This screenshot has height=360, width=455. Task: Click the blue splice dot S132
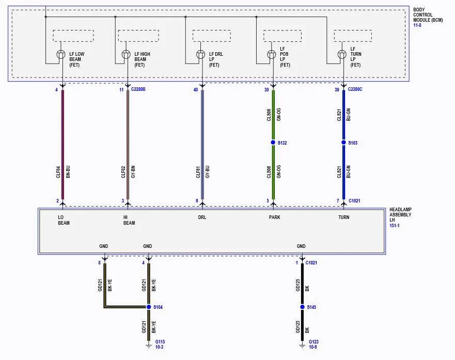tap(273, 143)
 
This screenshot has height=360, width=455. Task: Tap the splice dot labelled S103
tap(343, 143)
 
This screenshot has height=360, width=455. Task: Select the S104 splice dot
tap(149, 307)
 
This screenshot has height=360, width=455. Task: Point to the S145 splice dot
tap(302, 307)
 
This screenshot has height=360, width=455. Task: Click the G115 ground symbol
tap(149, 346)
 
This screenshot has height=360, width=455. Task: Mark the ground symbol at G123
tap(302, 346)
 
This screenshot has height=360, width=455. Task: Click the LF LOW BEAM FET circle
tap(60, 54)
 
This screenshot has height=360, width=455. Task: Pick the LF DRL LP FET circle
tap(200, 54)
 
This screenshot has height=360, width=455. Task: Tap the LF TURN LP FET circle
tap(342, 54)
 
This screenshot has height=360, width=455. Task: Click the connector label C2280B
tap(138, 89)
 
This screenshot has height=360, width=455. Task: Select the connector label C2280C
tap(355, 89)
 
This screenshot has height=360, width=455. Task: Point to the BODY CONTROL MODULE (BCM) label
tap(428, 15)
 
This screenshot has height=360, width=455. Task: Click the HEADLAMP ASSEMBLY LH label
tap(400, 215)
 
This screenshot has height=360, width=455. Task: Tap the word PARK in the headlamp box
tap(275, 217)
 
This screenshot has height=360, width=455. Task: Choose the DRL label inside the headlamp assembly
tap(202, 217)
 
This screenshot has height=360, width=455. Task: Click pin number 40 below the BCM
tap(196, 90)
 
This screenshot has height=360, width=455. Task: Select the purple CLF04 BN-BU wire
tap(62, 145)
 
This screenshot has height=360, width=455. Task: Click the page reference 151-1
tap(395, 225)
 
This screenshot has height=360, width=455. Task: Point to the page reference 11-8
tap(417, 25)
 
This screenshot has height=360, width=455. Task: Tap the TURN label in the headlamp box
tap(344, 217)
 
